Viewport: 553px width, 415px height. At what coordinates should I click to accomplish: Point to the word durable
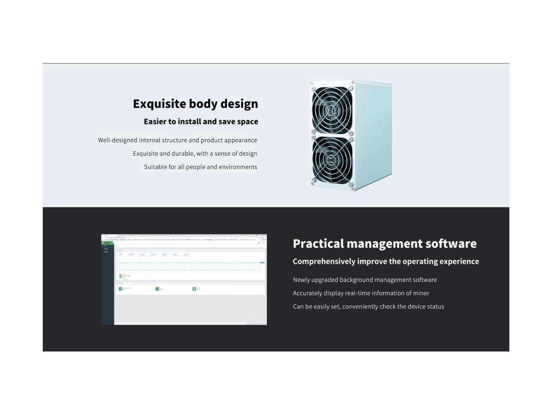click(183, 153)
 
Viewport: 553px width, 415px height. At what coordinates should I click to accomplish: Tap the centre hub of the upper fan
click(332, 110)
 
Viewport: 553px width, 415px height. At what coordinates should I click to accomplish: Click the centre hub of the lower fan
click(332, 160)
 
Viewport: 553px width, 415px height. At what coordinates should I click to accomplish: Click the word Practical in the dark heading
click(318, 244)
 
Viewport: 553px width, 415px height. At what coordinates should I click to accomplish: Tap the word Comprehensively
click(324, 262)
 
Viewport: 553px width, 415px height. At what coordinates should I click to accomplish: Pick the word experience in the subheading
click(459, 262)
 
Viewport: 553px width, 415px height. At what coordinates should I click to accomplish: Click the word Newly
click(301, 280)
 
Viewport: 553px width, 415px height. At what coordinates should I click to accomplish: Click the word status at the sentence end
click(435, 307)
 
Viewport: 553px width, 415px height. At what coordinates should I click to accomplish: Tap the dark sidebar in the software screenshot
click(107, 290)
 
